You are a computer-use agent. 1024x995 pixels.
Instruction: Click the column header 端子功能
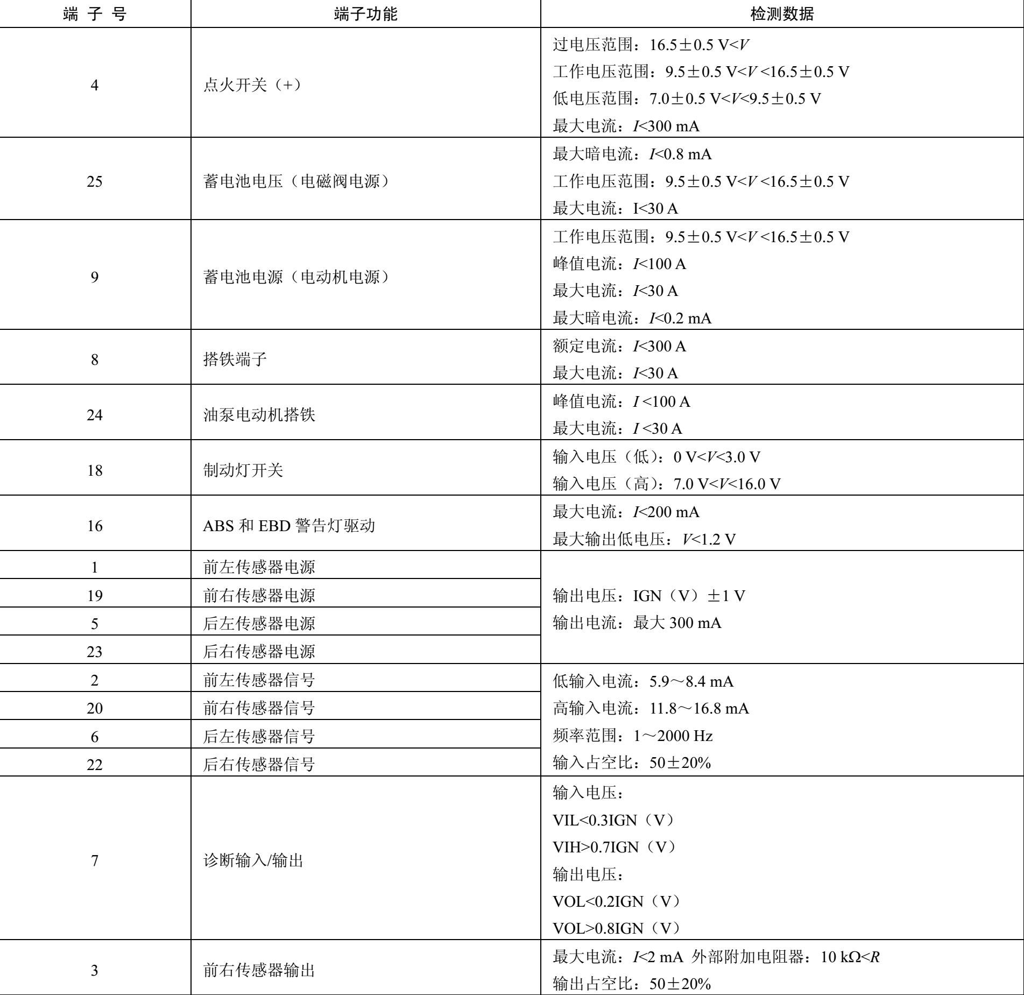coord(365,14)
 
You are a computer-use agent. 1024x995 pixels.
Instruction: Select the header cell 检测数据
coord(782,14)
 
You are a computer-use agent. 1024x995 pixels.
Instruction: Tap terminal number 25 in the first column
coord(95,181)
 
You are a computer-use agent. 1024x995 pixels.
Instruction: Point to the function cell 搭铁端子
coord(235,359)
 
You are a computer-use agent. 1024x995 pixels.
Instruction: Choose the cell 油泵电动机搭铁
coord(259,415)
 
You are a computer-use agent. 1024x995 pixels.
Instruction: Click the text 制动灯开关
coord(243,470)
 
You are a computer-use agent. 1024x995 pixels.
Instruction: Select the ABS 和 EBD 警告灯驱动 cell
coord(288,526)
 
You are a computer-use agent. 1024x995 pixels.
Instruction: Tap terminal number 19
coord(95,596)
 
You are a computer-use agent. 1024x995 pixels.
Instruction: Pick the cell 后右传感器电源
coord(259,652)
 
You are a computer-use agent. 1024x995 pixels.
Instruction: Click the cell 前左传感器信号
coord(259,680)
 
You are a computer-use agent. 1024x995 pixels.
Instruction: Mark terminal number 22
coord(95,764)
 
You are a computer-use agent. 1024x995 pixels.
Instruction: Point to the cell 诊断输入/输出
coord(253,860)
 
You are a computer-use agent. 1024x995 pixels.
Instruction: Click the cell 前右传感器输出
coord(259,970)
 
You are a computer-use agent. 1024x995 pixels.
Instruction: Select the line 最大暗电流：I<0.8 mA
coord(632,154)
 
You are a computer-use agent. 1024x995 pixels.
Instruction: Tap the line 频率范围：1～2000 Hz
coord(632,736)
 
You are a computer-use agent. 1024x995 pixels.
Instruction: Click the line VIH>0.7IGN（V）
coord(613,847)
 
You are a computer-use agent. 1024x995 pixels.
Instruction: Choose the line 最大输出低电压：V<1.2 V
coord(644,539)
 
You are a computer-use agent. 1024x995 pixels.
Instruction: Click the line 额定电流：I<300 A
coord(619,346)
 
